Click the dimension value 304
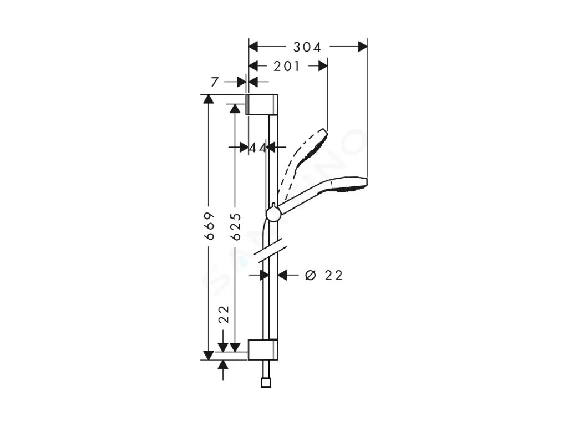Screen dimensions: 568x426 pyautogui.click(x=307, y=48)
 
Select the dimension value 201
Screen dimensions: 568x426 pyautogui.click(x=287, y=67)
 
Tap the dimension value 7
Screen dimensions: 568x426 pyautogui.click(x=215, y=82)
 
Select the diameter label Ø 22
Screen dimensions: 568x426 pyautogui.click(x=324, y=275)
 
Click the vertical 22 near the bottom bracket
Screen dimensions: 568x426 pyautogui.click(x=224, y=314)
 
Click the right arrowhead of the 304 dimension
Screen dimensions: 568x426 pyautogui.click(x=363, y=47)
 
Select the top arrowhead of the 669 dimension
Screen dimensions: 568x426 pyautogui.click(x=209, y=99)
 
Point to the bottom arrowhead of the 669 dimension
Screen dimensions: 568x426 pyautogui.click(x=209, y=355)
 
